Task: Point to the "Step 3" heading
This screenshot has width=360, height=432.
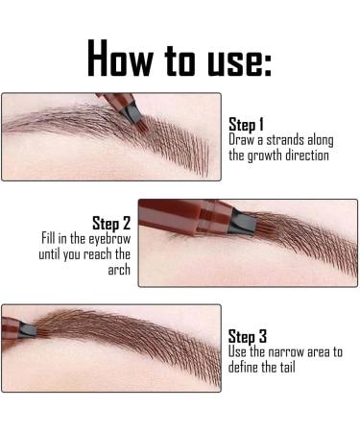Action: point(249,337)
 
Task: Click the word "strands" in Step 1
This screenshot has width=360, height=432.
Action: point(285,139)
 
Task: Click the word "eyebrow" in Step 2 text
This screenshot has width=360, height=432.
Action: point(108,240)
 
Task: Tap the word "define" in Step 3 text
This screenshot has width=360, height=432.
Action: point(249,368)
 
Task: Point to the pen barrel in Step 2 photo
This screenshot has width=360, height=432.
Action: point(173,215)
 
